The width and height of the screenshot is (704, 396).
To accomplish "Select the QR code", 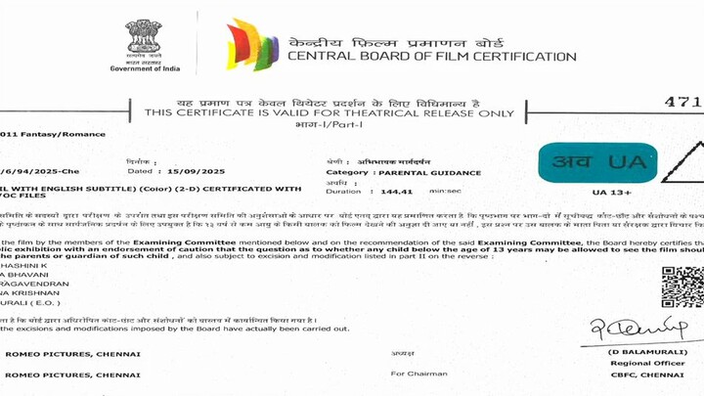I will pos(682,286).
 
